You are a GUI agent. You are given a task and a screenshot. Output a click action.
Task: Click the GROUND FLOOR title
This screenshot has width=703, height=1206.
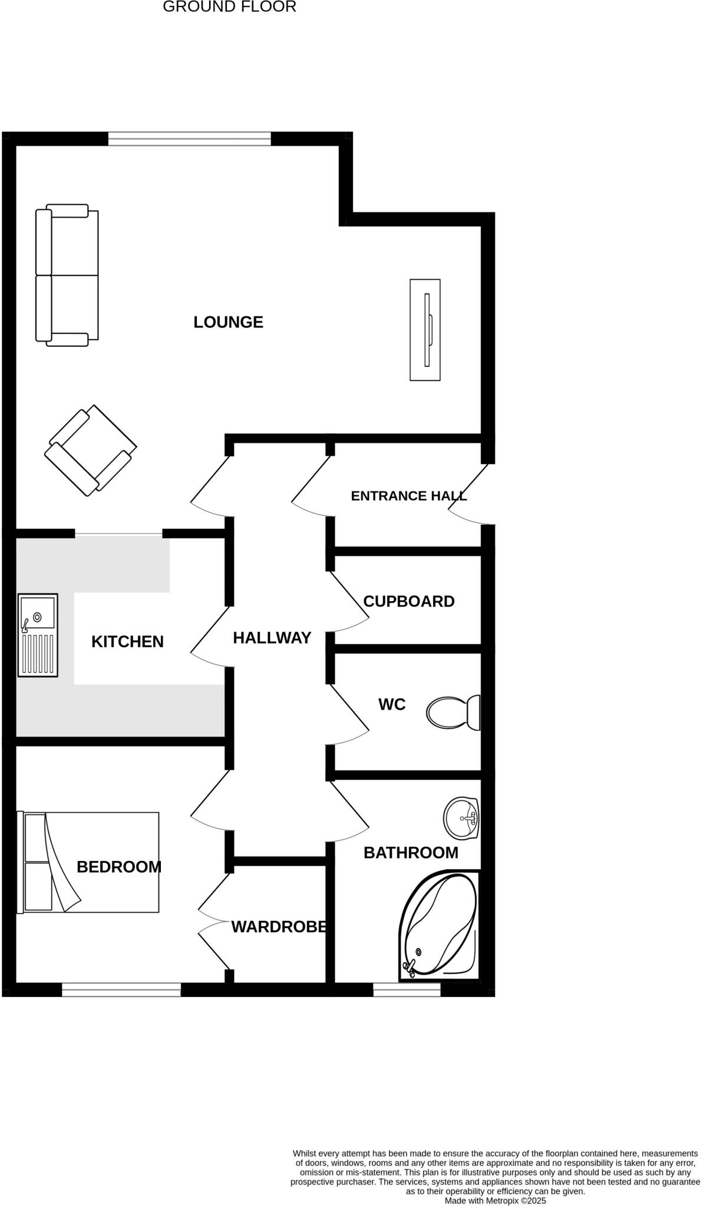[229, 7]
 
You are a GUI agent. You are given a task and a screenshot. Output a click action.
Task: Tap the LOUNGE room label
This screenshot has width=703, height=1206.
[228, 322]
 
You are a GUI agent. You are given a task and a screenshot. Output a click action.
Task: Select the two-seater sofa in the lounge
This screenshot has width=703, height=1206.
[67, 274]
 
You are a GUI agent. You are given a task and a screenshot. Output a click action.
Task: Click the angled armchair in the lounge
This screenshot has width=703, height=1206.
[91, 450]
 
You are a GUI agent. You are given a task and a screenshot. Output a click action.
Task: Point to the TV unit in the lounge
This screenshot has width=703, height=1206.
[425, 330]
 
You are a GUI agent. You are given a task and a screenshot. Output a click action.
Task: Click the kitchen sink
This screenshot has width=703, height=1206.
[38, 635]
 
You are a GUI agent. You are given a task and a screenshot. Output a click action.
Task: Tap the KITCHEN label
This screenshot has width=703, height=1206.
[127, 641]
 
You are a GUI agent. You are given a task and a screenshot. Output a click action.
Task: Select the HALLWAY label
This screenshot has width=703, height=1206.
[272, 638]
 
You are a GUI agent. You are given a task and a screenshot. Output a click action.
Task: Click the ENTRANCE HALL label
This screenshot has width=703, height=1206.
[408, 496]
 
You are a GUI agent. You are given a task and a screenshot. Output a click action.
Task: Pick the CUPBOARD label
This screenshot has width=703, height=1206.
[408, 601]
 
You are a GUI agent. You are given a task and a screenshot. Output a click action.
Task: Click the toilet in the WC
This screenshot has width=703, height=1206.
[453, 713]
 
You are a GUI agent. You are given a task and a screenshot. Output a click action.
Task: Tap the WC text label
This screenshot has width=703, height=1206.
[392, 704]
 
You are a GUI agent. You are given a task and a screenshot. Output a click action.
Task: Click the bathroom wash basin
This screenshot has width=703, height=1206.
[461, 818]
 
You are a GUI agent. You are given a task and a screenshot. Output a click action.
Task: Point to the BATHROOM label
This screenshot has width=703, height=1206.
[411, 853]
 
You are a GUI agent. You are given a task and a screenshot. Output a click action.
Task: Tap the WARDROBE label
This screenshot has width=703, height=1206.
[278, 927]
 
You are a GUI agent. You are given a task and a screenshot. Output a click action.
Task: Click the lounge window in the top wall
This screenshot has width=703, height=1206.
[189, 139]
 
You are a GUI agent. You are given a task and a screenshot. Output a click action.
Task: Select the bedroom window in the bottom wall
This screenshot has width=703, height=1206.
[121, 990]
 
